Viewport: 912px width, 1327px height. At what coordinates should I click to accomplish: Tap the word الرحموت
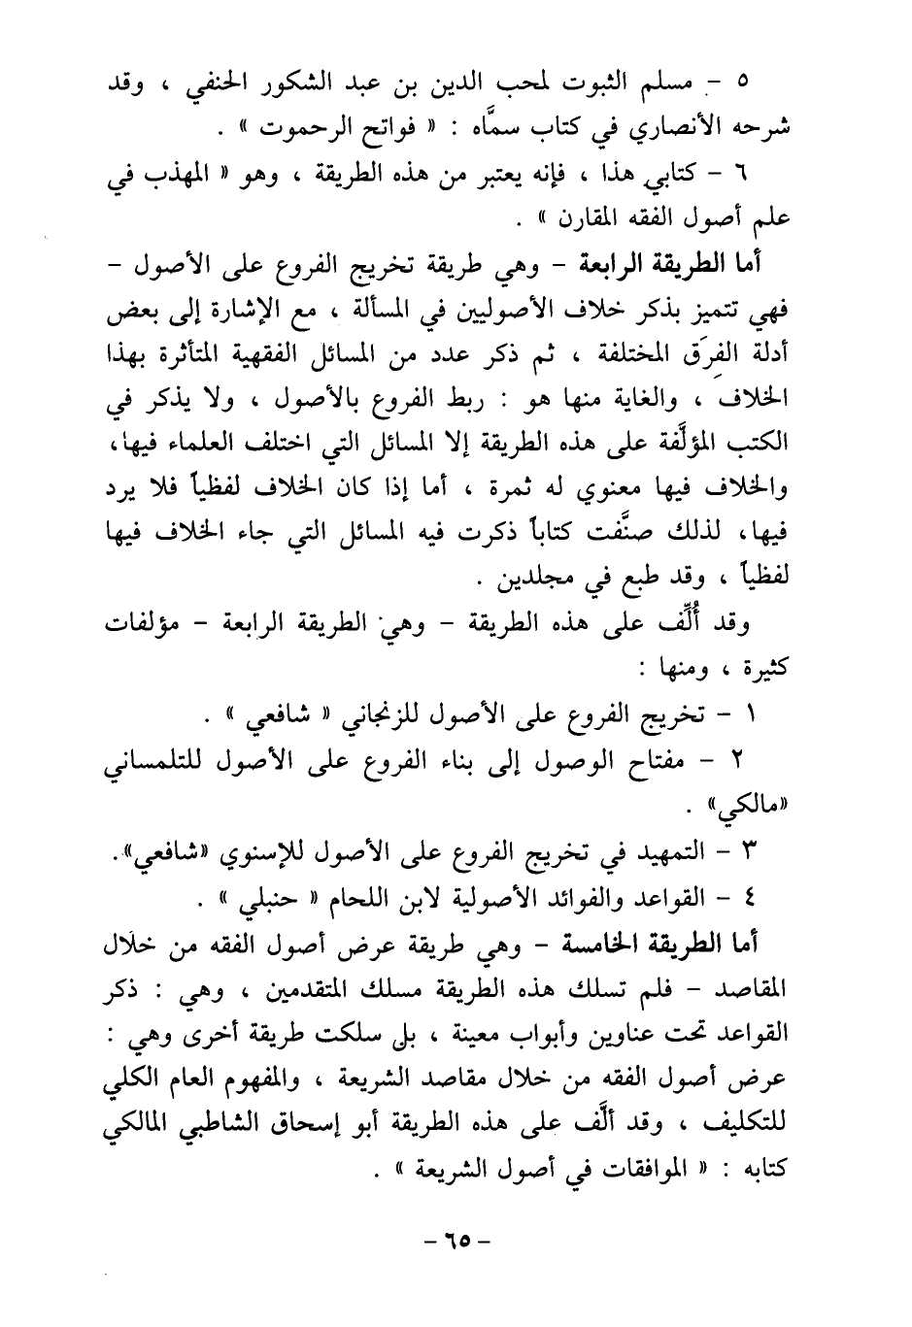coord(312,127)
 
